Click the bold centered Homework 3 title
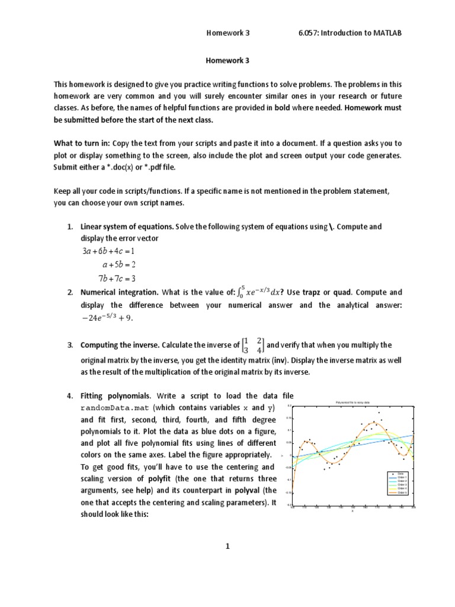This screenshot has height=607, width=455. click(227, 60)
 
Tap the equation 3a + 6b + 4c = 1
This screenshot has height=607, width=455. click(108, 251)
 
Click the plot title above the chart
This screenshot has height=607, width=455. click(352, 402)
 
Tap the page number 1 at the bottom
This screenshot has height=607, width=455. click(227, 547)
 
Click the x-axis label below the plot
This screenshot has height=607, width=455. click(352, 511)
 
